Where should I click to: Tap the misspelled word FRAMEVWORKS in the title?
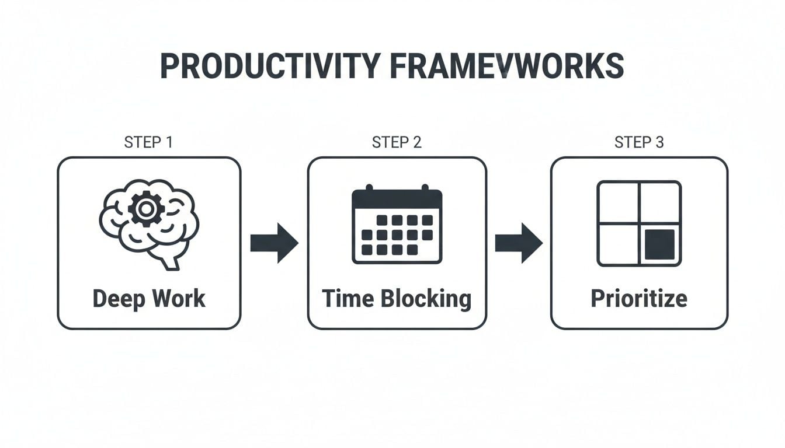click(x=506, y=66)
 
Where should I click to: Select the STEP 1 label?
click(x=148, y=142)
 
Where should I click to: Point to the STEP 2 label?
click(x=397, y=142)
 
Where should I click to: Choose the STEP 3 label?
click(x=639, y=142)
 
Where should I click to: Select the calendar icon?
click(x=397, y=225)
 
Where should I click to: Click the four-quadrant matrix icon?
click(x=639, y=223)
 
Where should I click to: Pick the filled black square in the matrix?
click(x=659, y=244)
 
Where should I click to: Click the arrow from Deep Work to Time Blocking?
click(x=274, y=243)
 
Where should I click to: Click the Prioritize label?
click(x=639, y=299)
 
